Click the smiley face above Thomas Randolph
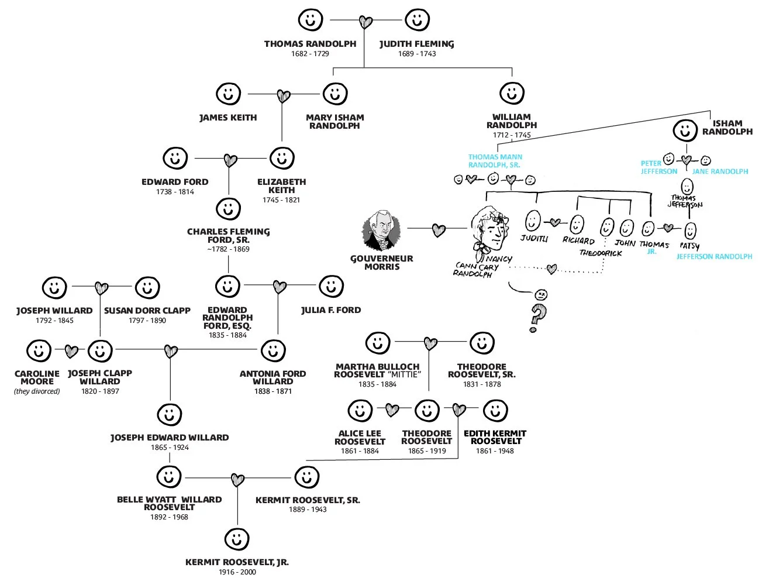click(310, 19)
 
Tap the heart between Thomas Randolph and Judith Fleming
click(365, 22)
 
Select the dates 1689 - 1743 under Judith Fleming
click(417, 54)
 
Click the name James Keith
click(228, 118)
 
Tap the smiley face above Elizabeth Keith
click(282, 158)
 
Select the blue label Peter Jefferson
click(658, 167)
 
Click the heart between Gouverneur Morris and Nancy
click(439, 230)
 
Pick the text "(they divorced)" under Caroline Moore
click(37, 391)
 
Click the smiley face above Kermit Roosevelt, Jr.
click(237, 539)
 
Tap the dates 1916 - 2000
click(237, 572)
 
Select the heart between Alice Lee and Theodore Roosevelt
click(392, 410)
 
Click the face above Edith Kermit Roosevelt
click(495, 410)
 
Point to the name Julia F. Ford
click(331, 310)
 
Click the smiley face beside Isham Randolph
click(685, 129)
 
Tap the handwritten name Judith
click(534, 239)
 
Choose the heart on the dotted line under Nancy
click(551, 269)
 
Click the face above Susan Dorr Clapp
click(147, 287)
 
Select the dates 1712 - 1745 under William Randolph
click(512, 135)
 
